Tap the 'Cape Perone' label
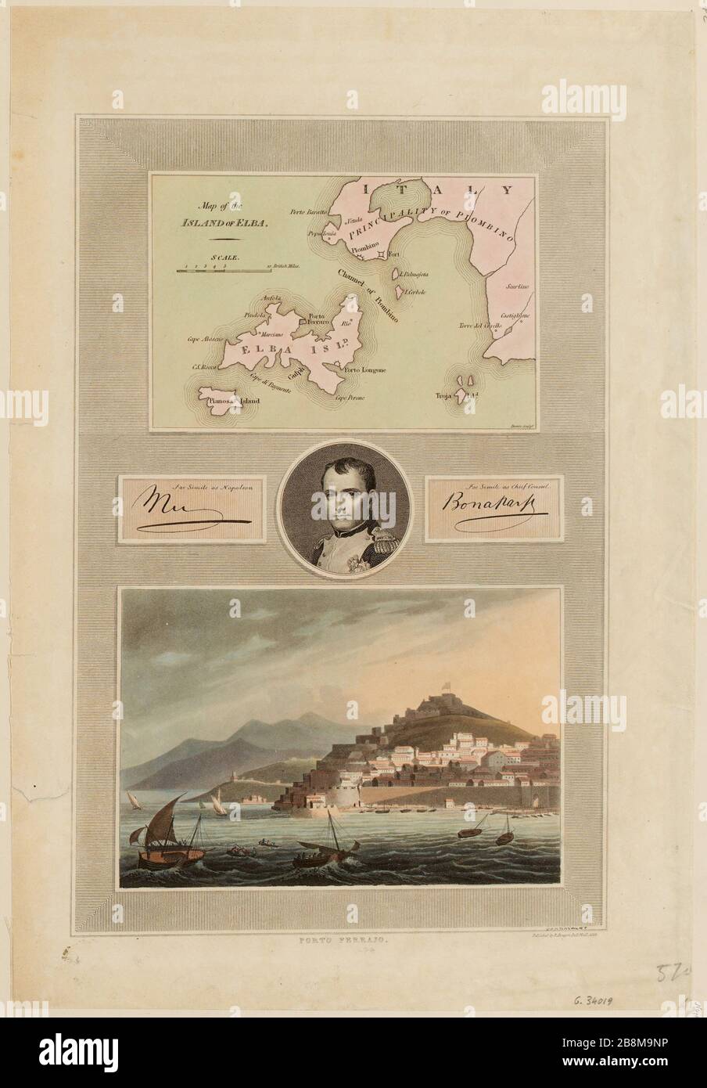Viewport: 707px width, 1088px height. [350, 397]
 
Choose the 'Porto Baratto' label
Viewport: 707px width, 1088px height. [307, 212]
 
